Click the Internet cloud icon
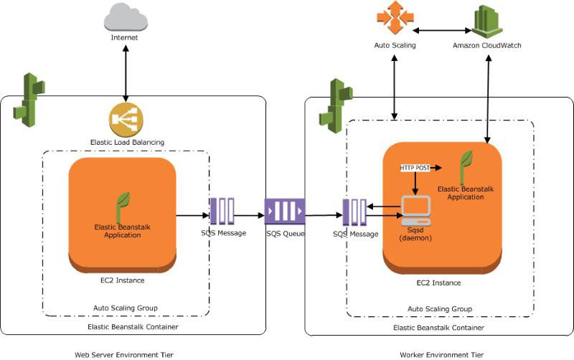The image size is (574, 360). [125, 16]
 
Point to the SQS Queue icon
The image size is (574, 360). [284, 212]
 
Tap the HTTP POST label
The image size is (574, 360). [415, 167]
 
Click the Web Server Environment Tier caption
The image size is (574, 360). [124, 354]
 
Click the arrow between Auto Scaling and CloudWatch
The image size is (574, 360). [440, 30]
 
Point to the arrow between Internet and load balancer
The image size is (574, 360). [126, 72]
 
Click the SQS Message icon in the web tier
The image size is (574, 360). [222, 212]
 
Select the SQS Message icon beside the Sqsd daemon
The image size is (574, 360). [355, 213]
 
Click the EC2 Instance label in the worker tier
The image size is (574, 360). [438, 283]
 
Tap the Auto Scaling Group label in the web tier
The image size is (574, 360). [126, 308]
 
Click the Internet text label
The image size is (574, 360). [125, 37]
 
